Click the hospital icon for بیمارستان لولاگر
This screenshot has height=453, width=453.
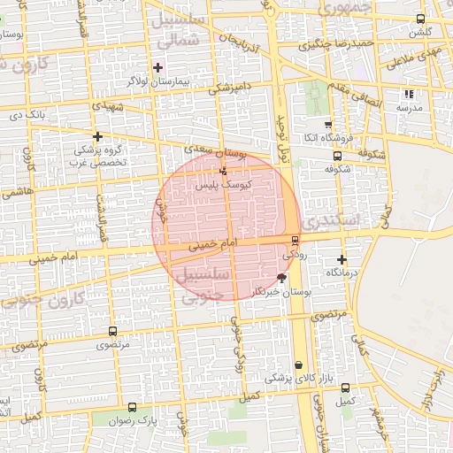158,67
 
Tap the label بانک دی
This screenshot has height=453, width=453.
27,114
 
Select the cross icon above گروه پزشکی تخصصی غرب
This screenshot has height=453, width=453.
98,136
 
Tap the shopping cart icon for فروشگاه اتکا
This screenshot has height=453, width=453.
328,125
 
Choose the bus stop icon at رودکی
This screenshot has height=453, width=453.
295,240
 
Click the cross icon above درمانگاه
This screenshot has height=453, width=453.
342,259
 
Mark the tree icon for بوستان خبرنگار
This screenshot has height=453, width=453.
281,278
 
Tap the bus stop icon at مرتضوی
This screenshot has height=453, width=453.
111,330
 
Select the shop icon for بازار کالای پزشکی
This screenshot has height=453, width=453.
298,365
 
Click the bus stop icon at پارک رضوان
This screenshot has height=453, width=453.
133,408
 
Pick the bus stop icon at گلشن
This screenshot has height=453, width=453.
419,19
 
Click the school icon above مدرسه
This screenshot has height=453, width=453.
408,94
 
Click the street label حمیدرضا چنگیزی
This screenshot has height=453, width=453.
343,43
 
